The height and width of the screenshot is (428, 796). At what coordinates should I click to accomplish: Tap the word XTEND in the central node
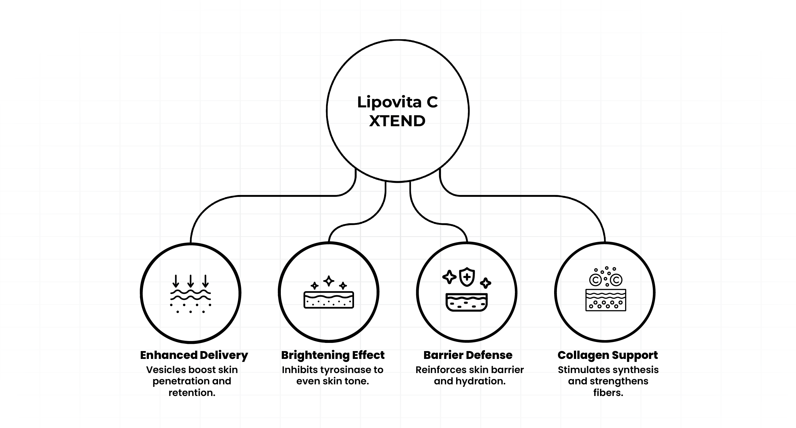(x=397, y=121)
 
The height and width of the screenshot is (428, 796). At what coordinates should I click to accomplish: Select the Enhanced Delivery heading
(x=194, y=355)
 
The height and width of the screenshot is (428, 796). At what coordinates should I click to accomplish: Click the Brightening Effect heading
(x=333, y=355)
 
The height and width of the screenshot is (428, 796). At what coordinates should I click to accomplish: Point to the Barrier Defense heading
(x=468, y=355)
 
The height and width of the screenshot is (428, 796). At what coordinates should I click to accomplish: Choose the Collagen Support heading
(x=608, y=355)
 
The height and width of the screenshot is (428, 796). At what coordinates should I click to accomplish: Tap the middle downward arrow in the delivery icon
(x=190, y=281)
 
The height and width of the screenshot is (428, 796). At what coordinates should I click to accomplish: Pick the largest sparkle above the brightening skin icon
(x=329, y=281)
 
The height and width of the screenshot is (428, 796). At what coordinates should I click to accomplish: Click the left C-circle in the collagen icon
(x=595, y=279)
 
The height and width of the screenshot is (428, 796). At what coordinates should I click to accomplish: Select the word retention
(x=192, y=393)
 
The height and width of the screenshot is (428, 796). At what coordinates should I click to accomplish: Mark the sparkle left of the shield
(x=449, y=277)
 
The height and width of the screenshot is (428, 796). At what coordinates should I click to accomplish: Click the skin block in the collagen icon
(x=606, y=300)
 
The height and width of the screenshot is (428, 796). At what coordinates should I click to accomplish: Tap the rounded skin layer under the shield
(x=467, y=302)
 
